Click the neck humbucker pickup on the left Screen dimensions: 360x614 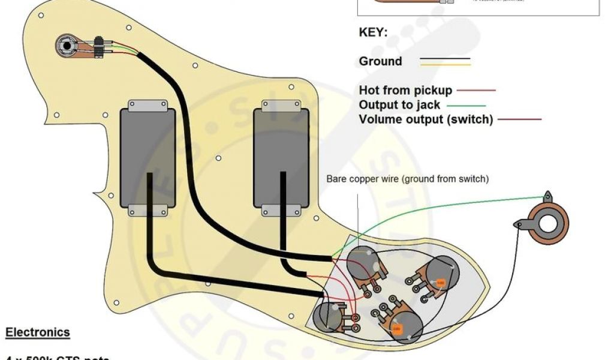point(148,160)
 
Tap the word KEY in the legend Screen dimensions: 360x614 point(373,32)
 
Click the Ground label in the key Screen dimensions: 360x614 point(380,61)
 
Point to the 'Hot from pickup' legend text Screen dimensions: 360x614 point(405,91)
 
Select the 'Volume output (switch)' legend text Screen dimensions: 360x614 point(426,119)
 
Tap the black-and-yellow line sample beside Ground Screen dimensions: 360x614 point(444,62)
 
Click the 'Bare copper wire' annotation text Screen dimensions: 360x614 point(407,179)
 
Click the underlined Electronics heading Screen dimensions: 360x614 point(37,332)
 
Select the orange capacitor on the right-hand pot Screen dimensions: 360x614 point(440,282)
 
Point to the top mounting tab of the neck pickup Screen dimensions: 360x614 point(148,106)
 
